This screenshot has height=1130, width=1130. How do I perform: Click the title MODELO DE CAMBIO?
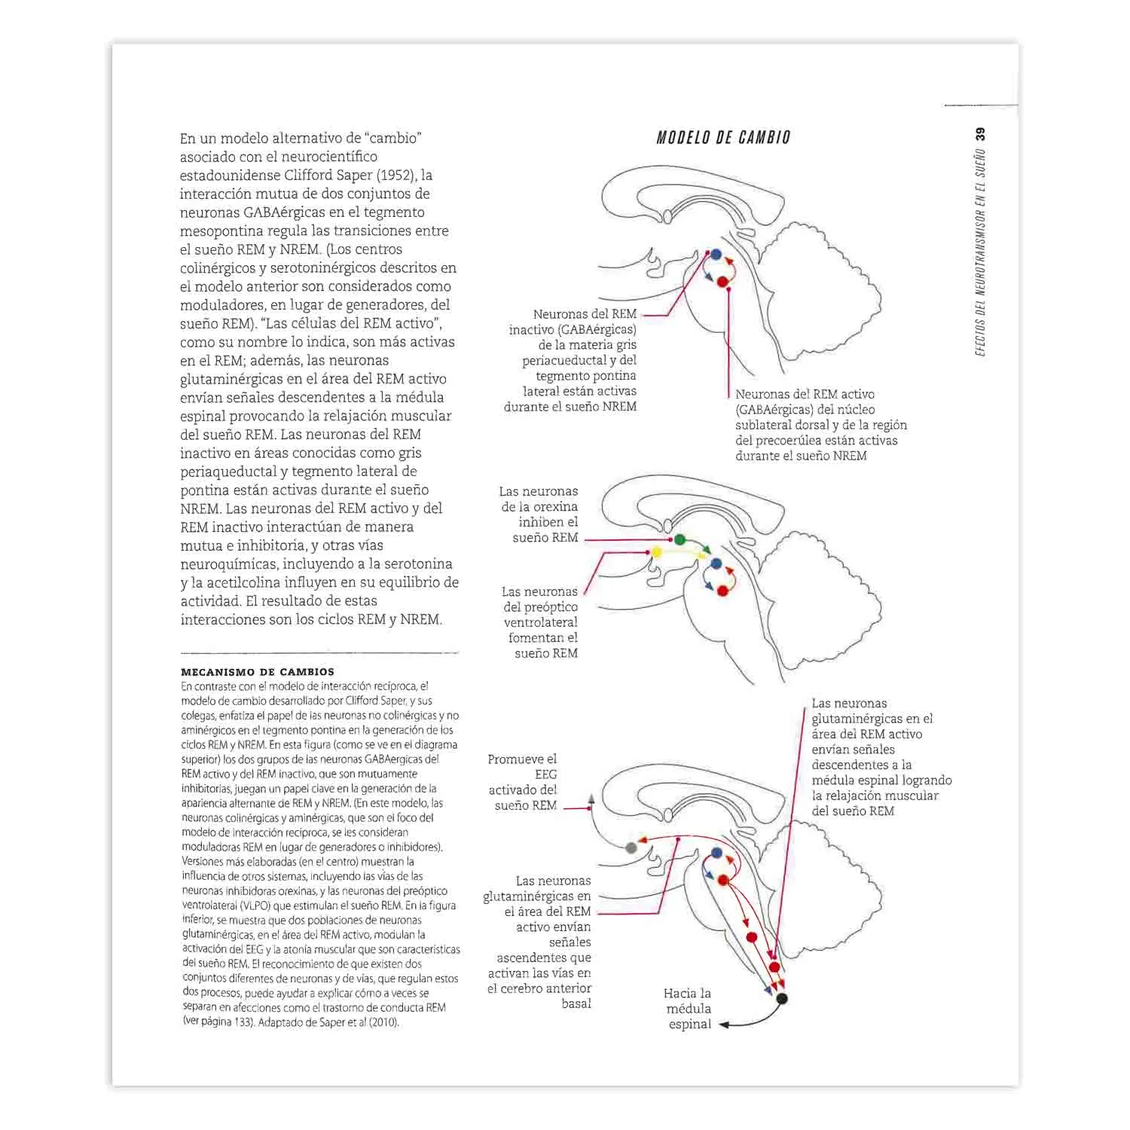[x=723, y=138]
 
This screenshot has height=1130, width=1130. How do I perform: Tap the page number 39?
[x=980, y=136]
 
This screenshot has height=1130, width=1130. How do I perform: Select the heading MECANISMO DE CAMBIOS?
[x=258, y=671]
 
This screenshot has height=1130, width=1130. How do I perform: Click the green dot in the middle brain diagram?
[x=680, y=539]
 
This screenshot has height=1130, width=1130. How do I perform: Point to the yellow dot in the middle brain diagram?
[x=656, y=552]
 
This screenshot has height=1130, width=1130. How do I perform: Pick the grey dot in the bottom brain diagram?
[x=631, y=848]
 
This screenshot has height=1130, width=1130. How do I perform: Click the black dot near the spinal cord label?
[x=782, y=999]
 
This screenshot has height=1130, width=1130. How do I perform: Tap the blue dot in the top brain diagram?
[x=716, y=255]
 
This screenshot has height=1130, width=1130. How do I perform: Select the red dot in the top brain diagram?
[x=722, y=282]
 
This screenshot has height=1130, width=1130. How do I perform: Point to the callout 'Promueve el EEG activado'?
[x=523, y=782]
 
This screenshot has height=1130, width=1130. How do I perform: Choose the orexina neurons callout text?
[x=539, y=515]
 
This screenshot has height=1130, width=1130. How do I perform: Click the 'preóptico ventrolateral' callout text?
[x=541, y=622]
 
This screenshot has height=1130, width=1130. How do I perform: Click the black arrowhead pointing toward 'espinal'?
[x=724, y=1025]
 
